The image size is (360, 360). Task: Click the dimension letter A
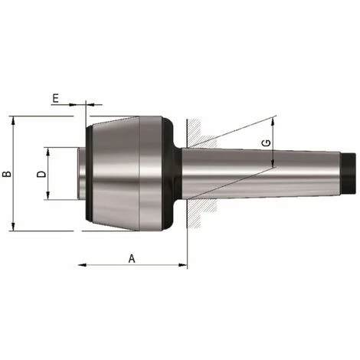pyautogui.click(x=131, y=258)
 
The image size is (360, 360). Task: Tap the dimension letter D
pyautogui.click(x=42, y=174)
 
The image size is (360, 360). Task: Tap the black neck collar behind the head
pyautogui.click(x=177, y=174)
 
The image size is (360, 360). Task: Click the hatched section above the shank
pyautogui.click(x=197, y=134)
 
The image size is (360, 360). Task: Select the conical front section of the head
pyautogui.click(x=115, y=174)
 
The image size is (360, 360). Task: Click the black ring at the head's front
pyautogui.click(x=90, y=174)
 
